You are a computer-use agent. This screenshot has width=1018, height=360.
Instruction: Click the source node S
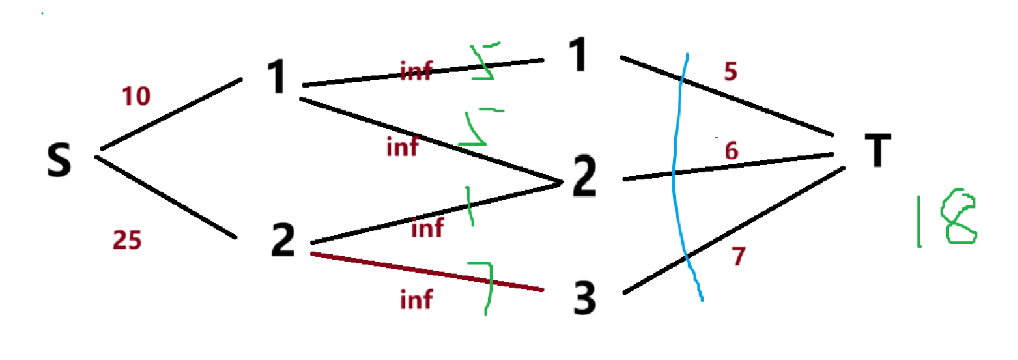tap(59, 160)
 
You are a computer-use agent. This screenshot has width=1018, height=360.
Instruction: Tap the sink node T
tap(877, 150)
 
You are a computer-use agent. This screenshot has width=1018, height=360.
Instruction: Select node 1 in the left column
tap(277, 77)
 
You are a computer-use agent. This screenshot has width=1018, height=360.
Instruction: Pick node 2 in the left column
tap(283, 240)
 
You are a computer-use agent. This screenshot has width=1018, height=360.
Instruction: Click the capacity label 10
tap(136, 97)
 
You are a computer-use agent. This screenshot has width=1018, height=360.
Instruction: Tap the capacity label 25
tap(127, 240)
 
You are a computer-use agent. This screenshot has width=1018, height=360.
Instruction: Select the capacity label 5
tap(730, 72)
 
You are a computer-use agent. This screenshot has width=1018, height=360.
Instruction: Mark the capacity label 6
tap(731, 151)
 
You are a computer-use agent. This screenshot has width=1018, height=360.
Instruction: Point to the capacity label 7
tap(739, 257)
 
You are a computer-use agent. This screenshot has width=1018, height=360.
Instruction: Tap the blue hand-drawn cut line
tap(675, 174)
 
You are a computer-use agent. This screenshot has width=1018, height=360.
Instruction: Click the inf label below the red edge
tap(416, 300)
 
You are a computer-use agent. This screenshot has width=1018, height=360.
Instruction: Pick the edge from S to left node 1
tap(171, 114)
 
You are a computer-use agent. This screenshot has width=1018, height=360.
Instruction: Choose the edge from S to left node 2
tap(166, 197)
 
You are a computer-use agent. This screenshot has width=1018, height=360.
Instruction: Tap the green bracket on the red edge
tap(487, 284)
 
